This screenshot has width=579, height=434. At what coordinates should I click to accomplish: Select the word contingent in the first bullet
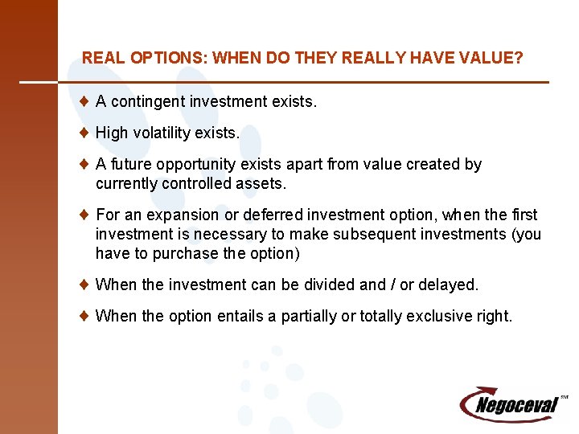click(x=146, y=102)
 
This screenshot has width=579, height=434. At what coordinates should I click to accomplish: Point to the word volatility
click(x=163, y=133)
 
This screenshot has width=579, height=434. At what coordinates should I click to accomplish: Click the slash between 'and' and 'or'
click(x=395, y=285)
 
